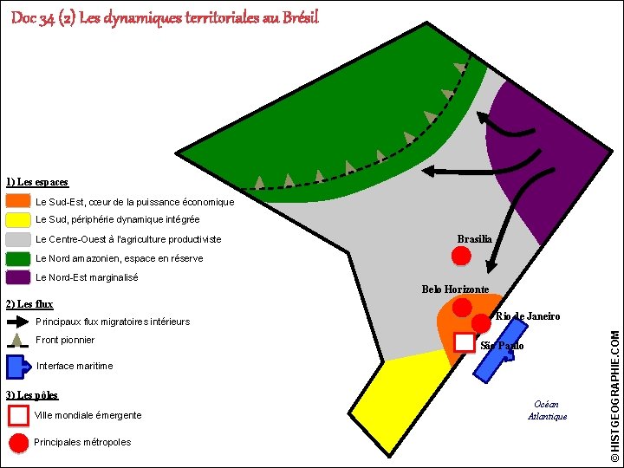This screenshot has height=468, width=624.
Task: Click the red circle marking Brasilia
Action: (x=461, y=256)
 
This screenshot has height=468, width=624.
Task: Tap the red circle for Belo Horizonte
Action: (x=463, y=306)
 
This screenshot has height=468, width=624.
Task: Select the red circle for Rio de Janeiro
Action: (x=481, y=323)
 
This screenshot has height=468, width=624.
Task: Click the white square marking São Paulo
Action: (x=465, y=342)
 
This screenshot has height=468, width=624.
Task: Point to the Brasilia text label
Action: (x=474, y=239)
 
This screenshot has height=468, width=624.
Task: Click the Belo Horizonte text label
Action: (x=455, y=289)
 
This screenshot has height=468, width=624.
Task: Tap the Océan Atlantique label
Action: (x=547, y=410)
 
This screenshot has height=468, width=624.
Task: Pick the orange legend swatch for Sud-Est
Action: (x=18, y=201)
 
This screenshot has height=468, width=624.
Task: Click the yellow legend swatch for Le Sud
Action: (x=18, y=219)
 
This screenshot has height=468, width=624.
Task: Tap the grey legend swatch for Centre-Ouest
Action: (x=18, y=239)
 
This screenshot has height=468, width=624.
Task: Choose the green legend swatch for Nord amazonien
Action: (x=18, y=258)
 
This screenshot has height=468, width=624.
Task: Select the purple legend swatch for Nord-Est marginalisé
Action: (x=18, y=277)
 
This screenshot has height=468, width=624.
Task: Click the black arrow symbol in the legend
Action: (x=18, y=321)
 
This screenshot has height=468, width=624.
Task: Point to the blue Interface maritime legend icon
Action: (x=18, y=366)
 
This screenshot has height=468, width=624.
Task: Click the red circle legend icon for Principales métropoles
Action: (x=18, y=442)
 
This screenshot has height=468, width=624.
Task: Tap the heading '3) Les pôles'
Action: (x=31, y=395)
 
